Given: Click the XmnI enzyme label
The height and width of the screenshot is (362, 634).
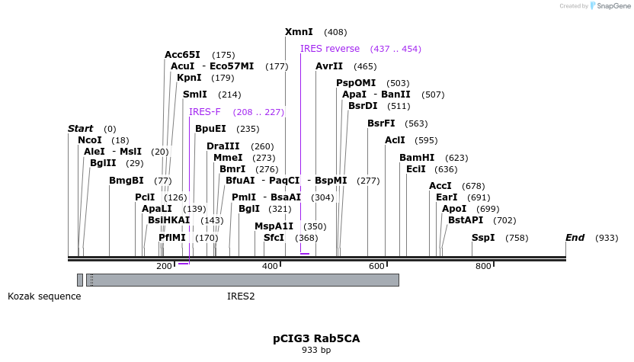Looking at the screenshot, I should coord(299,32).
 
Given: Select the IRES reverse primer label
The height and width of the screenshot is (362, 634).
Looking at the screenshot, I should coord(329,49).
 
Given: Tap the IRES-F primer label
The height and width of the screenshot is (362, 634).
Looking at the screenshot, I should coord(205,112).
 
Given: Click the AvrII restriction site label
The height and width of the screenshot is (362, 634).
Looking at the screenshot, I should coord(329,66).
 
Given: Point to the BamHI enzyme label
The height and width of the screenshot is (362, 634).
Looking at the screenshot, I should coord(417,158).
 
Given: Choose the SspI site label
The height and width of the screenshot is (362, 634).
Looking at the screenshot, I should coord(483,238).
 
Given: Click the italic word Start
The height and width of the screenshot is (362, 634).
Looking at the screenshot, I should coord(81,129).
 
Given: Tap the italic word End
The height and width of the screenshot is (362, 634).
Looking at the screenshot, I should coord(575,238).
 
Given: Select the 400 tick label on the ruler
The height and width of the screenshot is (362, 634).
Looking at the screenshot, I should coord(270,266).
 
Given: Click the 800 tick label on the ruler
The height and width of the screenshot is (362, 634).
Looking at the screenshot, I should coord(483,266).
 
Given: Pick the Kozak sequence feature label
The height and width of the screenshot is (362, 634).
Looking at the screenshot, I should coord(44,296).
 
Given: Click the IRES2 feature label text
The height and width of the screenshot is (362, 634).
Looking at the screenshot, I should coord(241,296).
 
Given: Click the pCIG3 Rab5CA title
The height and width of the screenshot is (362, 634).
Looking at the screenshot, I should coord(316,338).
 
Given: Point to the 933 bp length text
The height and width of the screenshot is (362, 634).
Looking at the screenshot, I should coord(316,351).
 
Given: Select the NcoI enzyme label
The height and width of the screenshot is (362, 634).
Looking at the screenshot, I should coord(90,140).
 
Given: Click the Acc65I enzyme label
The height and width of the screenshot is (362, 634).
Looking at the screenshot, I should coord(182,55).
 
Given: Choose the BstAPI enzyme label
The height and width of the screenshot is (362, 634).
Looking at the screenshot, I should coord(466,220).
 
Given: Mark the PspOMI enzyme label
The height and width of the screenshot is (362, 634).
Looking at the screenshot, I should coord(356,83).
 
